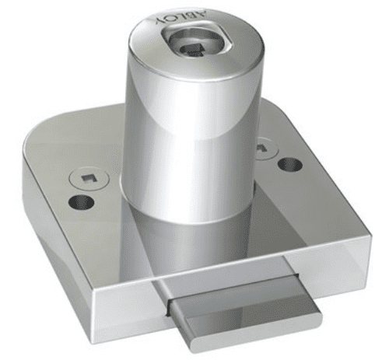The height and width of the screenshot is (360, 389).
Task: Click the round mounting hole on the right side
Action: (x=289, y=165)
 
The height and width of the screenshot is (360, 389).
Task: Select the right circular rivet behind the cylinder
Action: (x=263, y=145)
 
